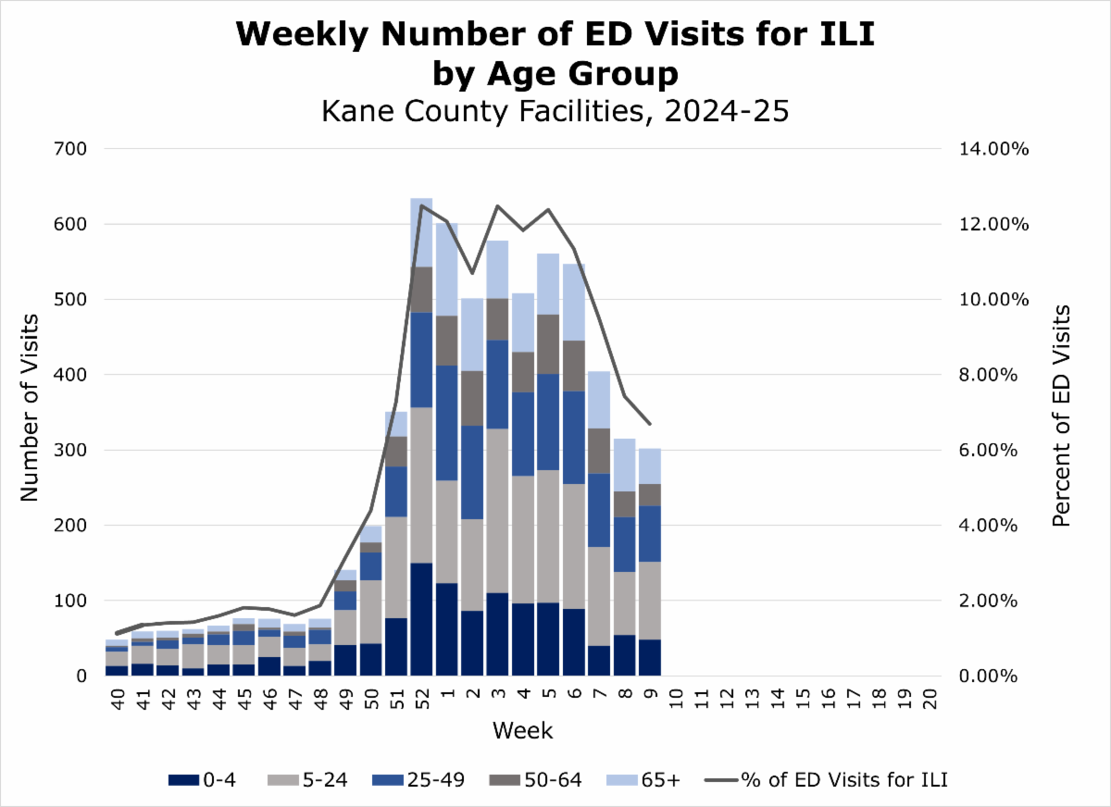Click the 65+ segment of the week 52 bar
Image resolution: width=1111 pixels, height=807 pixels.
click(421, 232)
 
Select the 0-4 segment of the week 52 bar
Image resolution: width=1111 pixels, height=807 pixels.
click(421, 619)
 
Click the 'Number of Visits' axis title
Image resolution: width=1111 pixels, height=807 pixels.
click(31, 408)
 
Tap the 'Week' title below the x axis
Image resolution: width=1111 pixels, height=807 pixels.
click(522, 731)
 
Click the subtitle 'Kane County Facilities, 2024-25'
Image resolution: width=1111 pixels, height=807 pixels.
click(555, 112)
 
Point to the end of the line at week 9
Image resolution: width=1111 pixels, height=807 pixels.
click(649, 424)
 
